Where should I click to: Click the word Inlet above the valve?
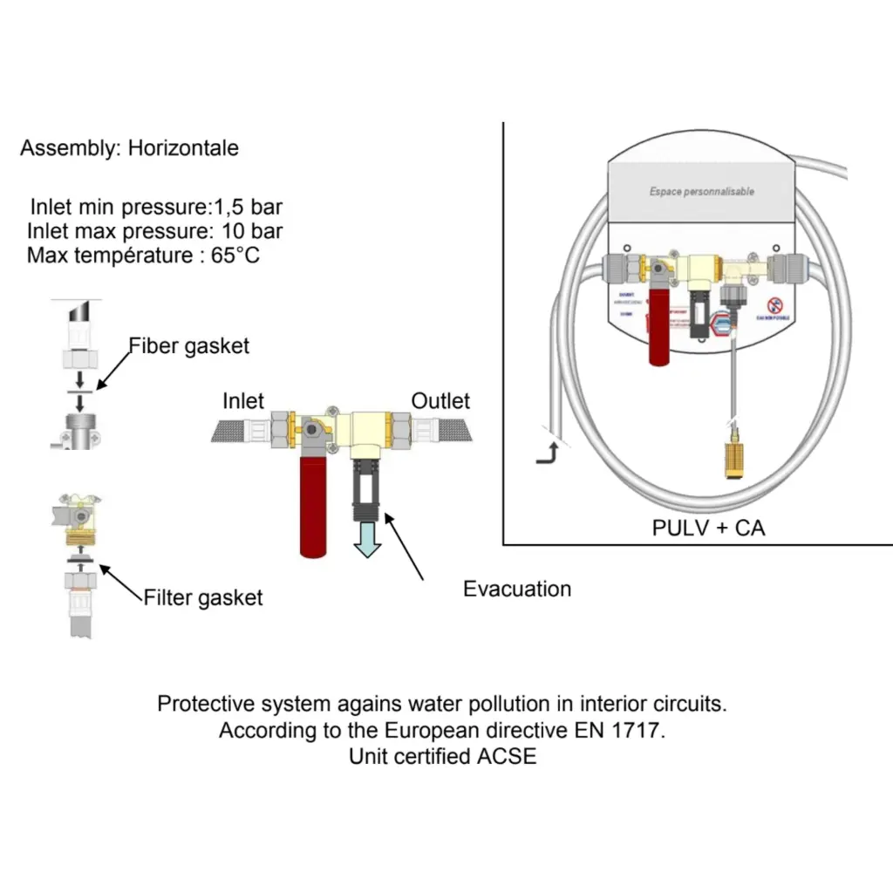click(x=243, y=401)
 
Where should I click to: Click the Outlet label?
click(x=440, y=401)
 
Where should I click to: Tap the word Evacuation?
click(x=517, y=589)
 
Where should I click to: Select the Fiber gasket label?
click(x=189, y=346)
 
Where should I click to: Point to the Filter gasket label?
click(x=202, y=598)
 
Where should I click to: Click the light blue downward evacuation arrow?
click(x=366, y=538)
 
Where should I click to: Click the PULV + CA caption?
click(x=708, y=528)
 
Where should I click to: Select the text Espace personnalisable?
click(x=701, y=192)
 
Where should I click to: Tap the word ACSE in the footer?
click(x=507, y=756)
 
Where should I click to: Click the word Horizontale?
click(x=183, y=148)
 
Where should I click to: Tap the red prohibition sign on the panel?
click(x=774, y=305)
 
